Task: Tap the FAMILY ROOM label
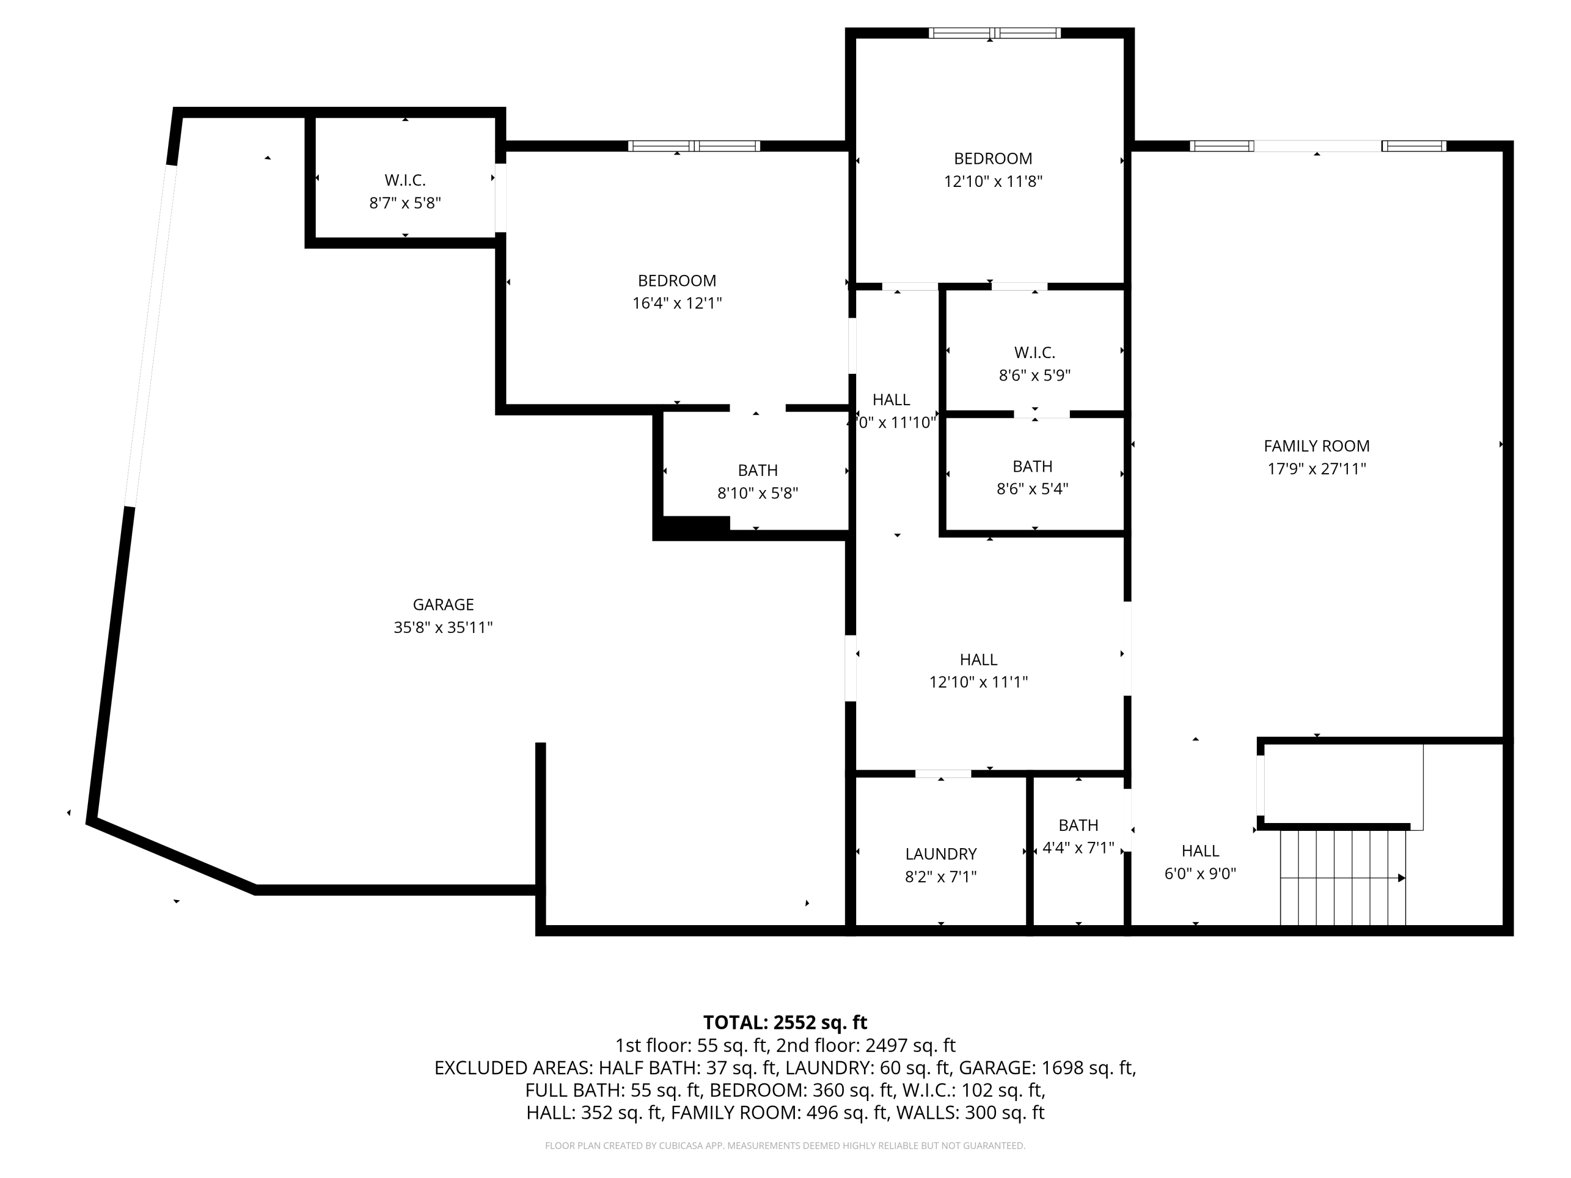click(x=1316, y=446)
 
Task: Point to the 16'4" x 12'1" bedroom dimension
click(x=677, y=303)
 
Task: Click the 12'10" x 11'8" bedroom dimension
click(x=993, y=181)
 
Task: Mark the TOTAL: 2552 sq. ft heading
click(x=785, y=1023)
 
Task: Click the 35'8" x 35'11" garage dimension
click(x=443, y=628)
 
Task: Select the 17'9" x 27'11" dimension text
click(x=1316, y=469)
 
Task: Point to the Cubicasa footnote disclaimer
click(x=785, y=1146)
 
